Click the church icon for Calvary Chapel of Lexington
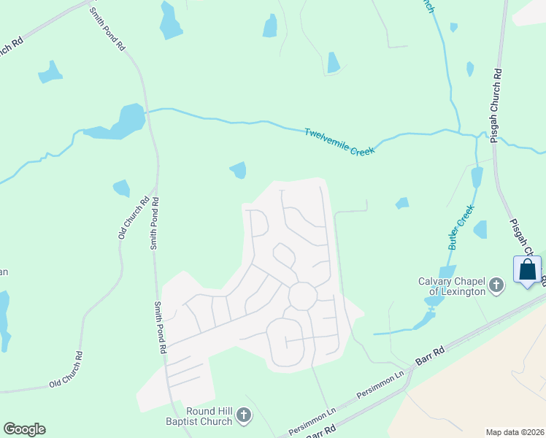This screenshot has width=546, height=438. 496,285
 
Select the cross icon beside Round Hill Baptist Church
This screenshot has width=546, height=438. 244,417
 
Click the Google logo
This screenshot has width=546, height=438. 24,429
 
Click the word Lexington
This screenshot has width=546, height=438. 462,291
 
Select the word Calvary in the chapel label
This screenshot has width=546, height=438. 436,281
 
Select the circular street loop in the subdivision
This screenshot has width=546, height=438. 302,296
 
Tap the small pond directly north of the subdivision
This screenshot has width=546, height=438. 239,170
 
